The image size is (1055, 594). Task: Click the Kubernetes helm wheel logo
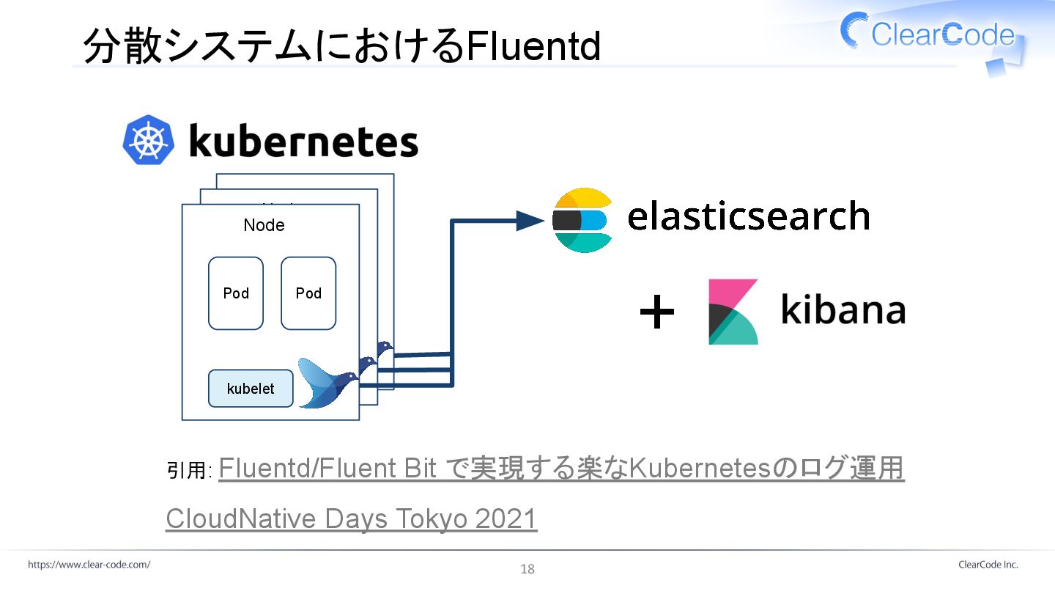tap(149, 139)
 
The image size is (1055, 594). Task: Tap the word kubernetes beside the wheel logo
tap(303, 142)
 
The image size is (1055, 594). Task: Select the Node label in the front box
tap(264, 225)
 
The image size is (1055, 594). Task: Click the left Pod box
tap(236, 293)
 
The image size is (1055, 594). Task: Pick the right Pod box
tap(308, 293)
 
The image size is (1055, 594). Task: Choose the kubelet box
tap(251, 389)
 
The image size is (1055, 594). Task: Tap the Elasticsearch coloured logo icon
tap(582, 220)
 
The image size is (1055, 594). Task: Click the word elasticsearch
tap(748, 216)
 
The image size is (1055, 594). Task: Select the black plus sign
tap(657, 313)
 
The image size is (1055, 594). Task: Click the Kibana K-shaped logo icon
tap(733, 312)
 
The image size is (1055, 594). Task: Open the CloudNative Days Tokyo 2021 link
tap(352, 518)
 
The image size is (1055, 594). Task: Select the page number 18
tap(527, 569)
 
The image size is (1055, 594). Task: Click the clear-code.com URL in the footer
tap(89, 565)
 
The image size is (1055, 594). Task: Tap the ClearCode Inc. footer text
tap(988, 565)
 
